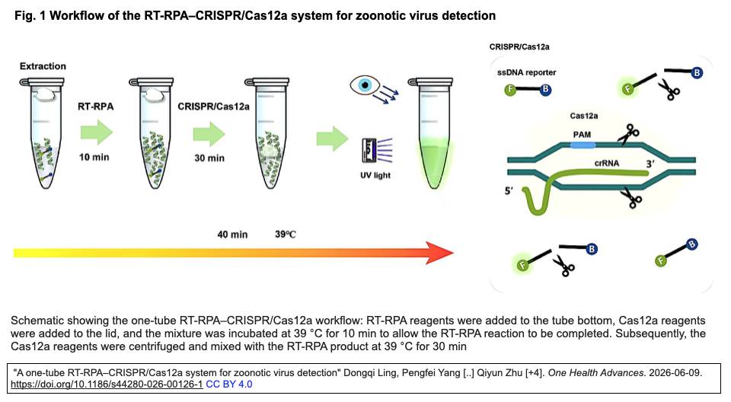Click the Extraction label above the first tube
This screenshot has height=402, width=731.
tap(43, 66)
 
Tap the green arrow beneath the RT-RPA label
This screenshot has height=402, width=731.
tap(97, 132)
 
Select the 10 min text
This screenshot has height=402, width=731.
tap(94, 157)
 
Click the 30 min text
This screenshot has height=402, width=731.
tap(209, 158)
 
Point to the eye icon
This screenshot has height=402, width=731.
tap(365, 85)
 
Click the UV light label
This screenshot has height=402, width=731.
tap(375, 175)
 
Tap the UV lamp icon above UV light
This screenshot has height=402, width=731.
tap(369, 150)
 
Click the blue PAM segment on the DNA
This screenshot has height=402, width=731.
tap(583, 145)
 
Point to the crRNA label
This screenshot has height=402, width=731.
tap(607, 163)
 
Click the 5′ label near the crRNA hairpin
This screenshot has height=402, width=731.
tap(509, 191)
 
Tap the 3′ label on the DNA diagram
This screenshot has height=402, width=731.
tap(650, 164)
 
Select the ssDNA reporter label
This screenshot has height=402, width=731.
tap(526, 72)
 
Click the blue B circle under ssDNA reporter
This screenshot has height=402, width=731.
tap(545, 90)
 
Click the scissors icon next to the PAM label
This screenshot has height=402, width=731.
tap(628, 134)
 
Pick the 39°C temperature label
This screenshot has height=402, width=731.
tap(286, 234)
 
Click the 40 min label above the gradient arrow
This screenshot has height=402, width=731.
tap(232, 234)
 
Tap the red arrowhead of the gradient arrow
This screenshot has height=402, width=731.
tap(439, 253)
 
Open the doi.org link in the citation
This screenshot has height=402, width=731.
tap(107, 384)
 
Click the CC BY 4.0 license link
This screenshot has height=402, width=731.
tap(229, 384)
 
